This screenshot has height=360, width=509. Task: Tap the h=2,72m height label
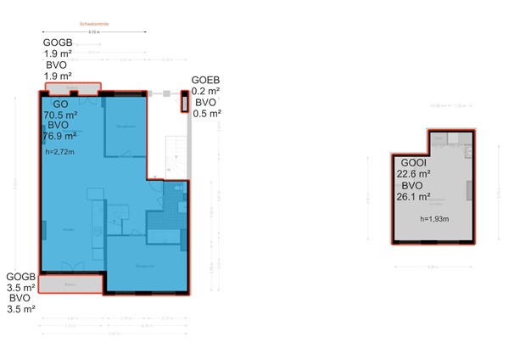59,152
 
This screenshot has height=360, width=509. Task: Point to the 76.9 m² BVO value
59,135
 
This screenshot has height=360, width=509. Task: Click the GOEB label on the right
206,79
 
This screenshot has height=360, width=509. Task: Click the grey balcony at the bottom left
70,284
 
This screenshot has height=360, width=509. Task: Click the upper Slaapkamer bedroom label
126,127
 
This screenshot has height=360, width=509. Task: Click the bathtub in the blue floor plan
163,221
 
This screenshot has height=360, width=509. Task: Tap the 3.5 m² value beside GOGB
20,288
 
